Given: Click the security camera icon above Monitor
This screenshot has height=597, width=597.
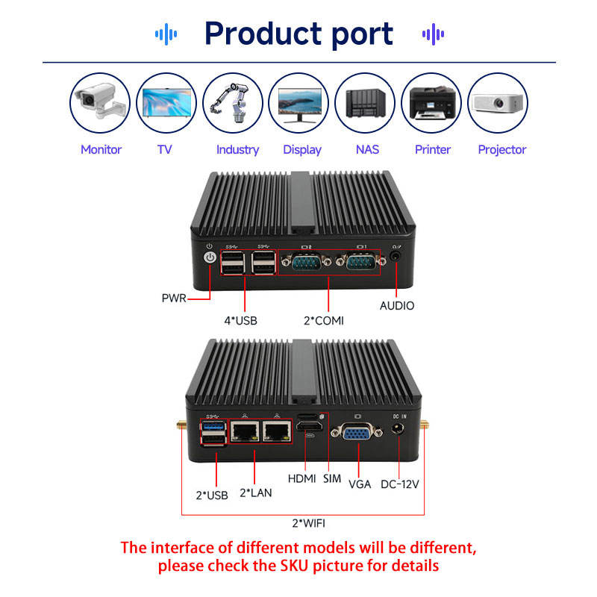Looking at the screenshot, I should coord(100,103).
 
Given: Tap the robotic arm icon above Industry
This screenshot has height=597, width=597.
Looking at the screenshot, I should coord(233,103).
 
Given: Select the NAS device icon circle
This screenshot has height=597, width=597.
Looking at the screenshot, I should coord(365,103).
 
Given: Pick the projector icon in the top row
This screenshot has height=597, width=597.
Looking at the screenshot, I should coord(497,103).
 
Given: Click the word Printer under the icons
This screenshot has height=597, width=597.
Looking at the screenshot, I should coord(433,149).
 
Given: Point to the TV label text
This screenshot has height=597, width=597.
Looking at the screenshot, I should coord(165,149).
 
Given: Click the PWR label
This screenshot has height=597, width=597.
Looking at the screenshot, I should coord(174,299).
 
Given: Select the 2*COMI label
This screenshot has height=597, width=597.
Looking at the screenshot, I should coord(329,320).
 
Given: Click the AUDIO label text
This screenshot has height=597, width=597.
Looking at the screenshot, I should coord(397,305).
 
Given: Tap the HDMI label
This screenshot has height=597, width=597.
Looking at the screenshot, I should coord(303,478).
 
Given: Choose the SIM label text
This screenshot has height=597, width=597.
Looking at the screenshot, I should coord(332,478).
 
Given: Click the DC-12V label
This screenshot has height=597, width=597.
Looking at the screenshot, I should coord(399,484).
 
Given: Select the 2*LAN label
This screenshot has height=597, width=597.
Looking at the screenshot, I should coord(255,493).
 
